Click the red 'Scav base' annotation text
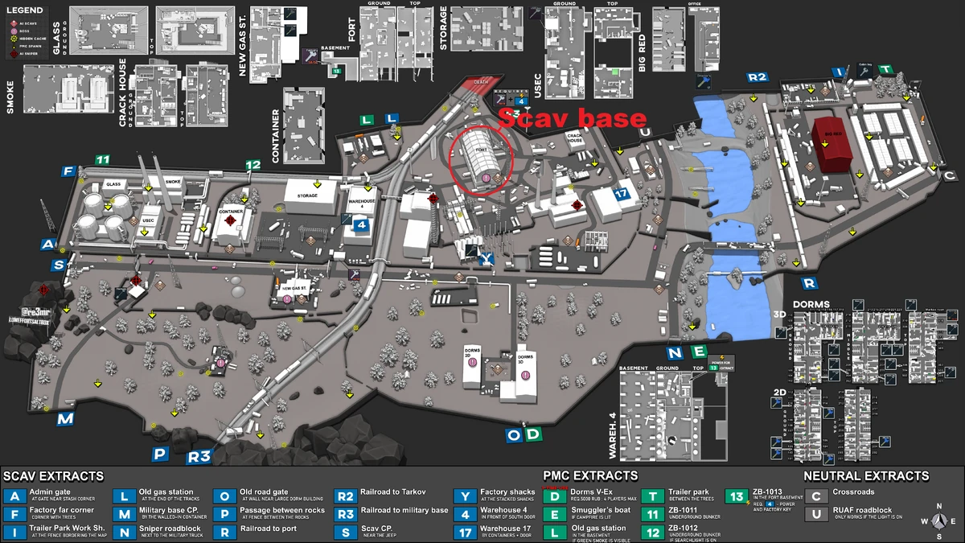(x=572, y=117)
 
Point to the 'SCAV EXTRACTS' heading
(x=54, y=476)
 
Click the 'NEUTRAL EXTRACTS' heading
(x=865, y=476)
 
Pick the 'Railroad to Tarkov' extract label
(x=393, y=492)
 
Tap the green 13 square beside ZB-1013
(x=735, y=496)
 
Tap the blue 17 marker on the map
(x=620, y=195)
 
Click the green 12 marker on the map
(x=253, y=165)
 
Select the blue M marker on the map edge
(x=65, y=419)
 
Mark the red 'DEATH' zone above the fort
(x=481, y=83)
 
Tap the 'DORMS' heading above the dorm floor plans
(x=811, y=305)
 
